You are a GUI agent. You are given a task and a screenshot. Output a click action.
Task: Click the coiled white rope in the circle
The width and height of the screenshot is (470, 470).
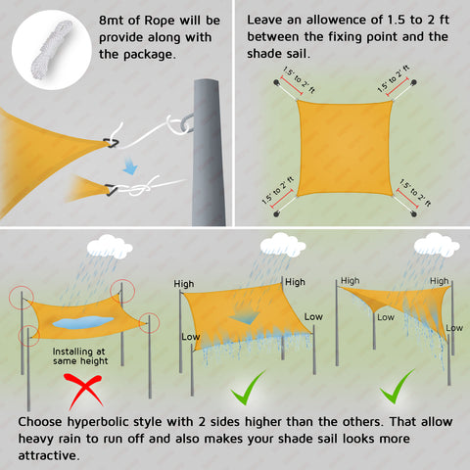[x=52, y=50]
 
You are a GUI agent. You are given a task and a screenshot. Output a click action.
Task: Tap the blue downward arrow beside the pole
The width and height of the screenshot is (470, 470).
[x=130, y=165]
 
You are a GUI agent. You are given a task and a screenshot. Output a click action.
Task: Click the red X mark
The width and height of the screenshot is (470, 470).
[x=83, y=391]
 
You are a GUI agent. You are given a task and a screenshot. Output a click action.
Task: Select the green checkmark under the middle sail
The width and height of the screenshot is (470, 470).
[x=247, y=389]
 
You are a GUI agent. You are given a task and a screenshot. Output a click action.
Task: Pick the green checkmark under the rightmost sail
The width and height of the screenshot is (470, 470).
[x=396, y=387]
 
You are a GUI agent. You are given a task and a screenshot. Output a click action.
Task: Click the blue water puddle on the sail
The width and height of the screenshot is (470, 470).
[x=83, y=321]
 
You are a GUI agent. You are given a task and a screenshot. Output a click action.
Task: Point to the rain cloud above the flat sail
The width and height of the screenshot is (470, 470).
[x=110, y=247]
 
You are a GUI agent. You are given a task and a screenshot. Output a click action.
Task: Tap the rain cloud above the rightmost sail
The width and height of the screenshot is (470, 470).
[x=437, y=245]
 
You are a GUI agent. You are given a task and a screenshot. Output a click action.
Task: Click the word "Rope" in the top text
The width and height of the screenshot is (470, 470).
[x=160, y=21]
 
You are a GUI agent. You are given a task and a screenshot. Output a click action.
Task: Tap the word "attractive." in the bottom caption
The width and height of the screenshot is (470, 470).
[x=49, y=455]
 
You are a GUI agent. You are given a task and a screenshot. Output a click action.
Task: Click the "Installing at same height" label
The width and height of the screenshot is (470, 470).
[x=80, y=356]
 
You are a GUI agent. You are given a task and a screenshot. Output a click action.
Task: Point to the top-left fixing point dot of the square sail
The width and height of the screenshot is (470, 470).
[x=276, y=82]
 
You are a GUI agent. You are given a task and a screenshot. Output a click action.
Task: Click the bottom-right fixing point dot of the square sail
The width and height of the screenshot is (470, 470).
[x=414, y=214]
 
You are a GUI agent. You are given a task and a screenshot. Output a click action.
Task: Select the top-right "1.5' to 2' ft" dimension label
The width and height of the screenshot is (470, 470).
[x=394, y=78]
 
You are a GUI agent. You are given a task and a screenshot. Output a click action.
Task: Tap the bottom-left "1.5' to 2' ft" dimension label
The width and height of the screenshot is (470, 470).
[x=278, y=191]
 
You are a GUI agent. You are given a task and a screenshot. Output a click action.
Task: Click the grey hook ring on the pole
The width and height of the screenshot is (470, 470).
[x=186, y=122]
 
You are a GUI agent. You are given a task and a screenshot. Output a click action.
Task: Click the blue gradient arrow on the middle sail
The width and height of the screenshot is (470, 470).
[x=244, y=317]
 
